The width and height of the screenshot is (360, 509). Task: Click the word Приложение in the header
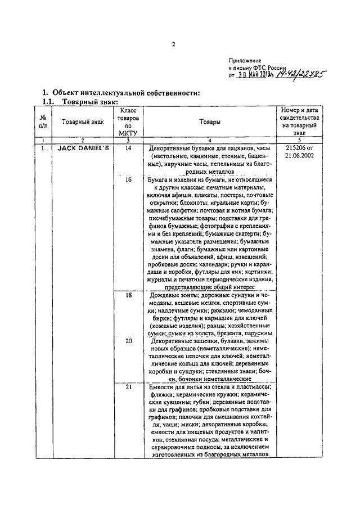(245, 60)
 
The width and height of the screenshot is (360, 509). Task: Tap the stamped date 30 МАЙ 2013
(256, 74)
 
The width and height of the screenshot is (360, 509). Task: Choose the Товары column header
(210, 121)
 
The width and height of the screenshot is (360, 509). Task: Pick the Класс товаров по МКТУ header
(128, 121)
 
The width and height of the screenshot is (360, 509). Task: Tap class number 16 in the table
(128, 179)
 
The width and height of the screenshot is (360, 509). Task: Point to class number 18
(128, 295)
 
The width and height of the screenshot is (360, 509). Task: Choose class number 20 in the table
(128, 341)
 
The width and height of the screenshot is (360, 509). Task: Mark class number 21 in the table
(128, 388)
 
